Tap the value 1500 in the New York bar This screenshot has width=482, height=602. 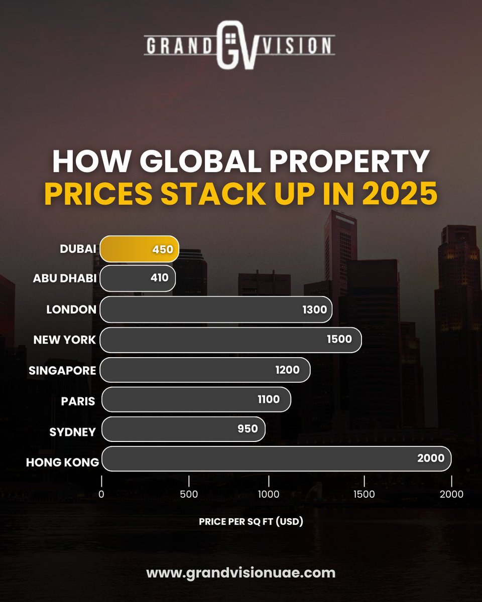[x=339, y=339]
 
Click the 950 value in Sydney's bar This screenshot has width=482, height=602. [x=248, y=428]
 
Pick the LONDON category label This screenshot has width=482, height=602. [x=71, y=310]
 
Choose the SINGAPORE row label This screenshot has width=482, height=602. [x=62, y=370]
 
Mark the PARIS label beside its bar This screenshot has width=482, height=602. [x=78, y=400]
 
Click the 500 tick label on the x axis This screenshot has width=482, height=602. [x=189, y=494]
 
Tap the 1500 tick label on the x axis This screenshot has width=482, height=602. [x=364, y=494]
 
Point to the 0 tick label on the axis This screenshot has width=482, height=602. [x=101, y=494]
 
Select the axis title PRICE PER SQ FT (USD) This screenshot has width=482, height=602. [x=251, y=522]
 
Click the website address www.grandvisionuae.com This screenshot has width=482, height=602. [x=241, y=572]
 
